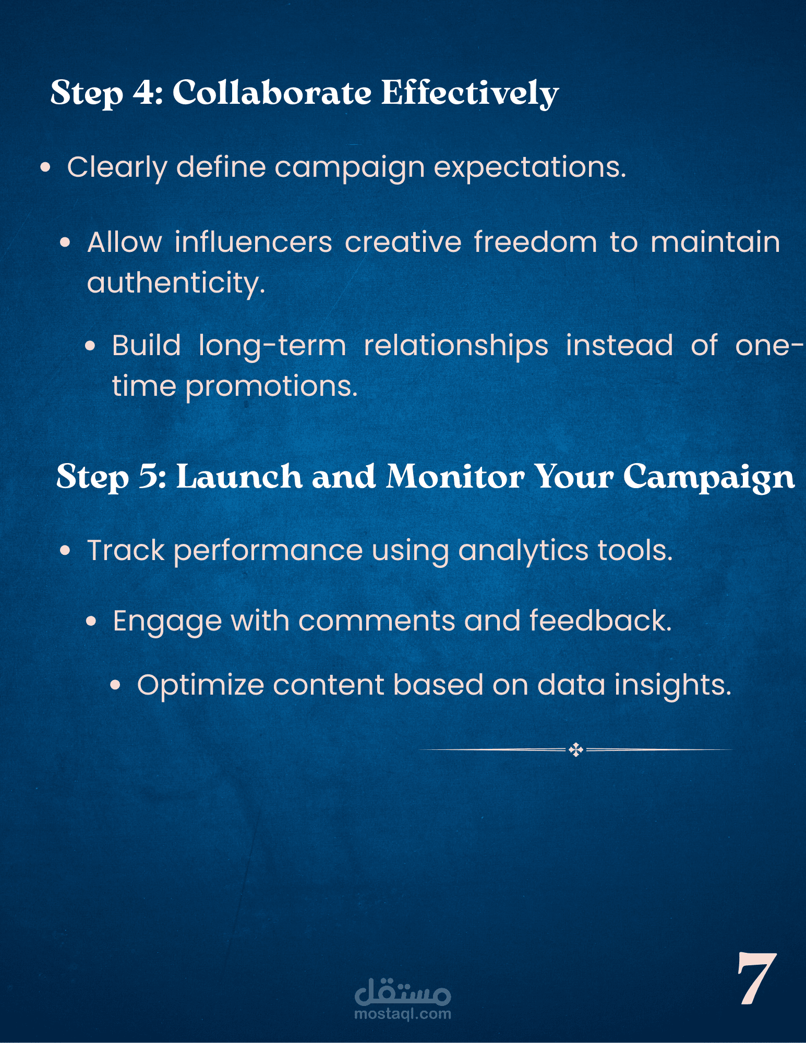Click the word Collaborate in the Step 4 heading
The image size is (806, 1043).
click(272, 92)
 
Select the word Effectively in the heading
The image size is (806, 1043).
click(470, 93)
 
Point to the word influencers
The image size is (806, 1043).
click(254, 242)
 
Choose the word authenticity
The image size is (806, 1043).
click(176, 284)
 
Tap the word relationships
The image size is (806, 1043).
click(456, 346)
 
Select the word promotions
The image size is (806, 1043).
click(271, 387)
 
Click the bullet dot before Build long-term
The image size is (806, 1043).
click(91, 346)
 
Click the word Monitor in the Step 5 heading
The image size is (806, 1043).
click(455, 476)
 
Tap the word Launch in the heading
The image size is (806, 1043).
click(239, 476)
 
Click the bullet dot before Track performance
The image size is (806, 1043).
click(65, 551)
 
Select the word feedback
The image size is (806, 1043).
click(600, 621)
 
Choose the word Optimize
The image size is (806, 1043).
click(200, 686)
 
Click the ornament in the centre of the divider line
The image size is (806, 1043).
click(576, 750)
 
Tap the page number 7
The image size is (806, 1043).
click(756, 978)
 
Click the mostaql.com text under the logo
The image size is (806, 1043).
click(403, 1014)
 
